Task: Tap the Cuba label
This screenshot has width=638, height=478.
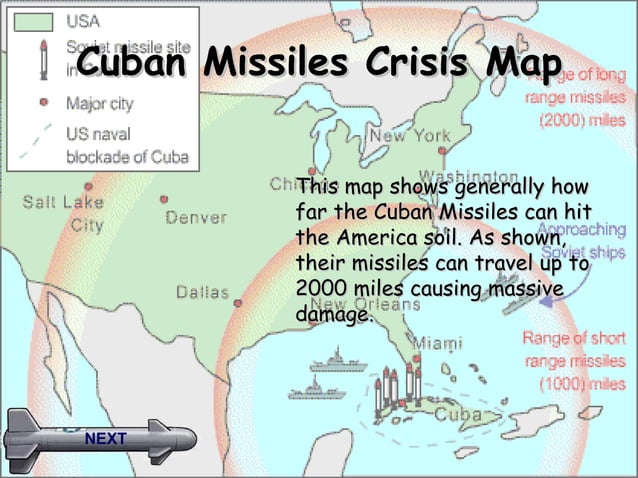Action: tap(459, 413)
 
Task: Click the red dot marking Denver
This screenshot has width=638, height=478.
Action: tap(164, 199)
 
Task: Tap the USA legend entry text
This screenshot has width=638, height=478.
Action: tap(84, 20)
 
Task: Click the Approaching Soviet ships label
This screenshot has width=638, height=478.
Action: tap(584, 240)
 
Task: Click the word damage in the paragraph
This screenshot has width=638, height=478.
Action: tap(333, 315)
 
